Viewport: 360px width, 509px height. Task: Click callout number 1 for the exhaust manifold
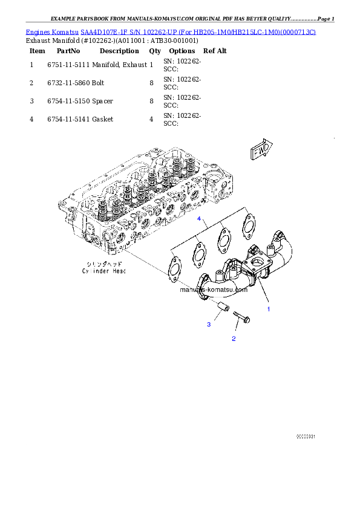click(269, 308)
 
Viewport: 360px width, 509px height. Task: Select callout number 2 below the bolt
click(234, 339)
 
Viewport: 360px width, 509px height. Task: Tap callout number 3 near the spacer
click(209, 325)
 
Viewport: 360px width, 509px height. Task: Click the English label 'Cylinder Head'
click(104, 272)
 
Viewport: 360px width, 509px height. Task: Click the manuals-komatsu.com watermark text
click(214, 290)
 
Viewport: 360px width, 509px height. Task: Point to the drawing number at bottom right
click(306, 436)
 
